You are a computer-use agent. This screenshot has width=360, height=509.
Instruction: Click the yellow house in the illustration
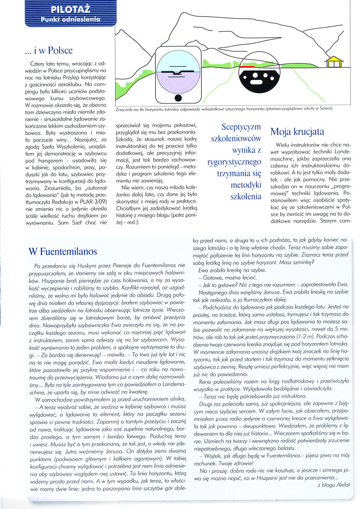334,63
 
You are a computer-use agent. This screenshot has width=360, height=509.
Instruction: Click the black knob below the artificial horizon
178,98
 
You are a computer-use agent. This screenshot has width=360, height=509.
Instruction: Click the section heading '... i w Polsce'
48,50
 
